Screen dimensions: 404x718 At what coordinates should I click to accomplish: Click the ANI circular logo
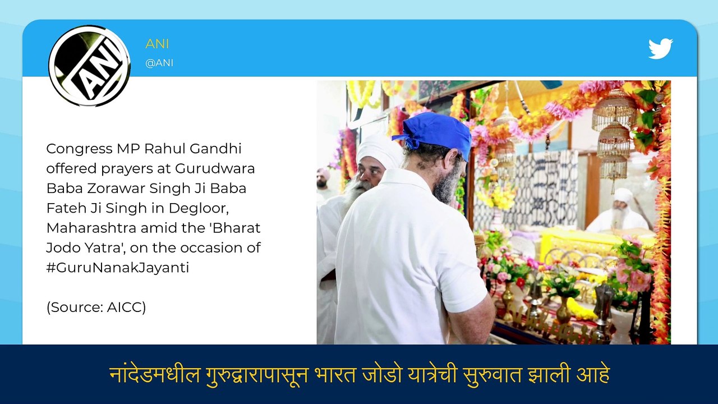coord(89,66)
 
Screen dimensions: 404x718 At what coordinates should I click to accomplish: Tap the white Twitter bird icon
coord(660,49)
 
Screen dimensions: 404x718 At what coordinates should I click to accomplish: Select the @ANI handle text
coord(159,63)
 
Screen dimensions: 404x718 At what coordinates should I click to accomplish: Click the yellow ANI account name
coord(157,44)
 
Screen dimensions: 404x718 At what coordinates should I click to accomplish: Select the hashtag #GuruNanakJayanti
coord(117,267)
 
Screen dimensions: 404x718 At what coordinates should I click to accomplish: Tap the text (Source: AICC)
coord(96,307)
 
